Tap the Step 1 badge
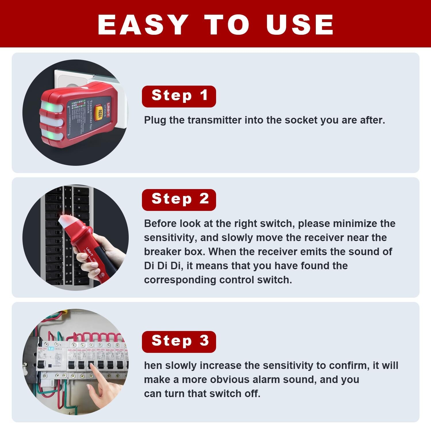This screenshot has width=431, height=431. (x=179, y=96)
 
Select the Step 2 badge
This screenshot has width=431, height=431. (x=179, y=200)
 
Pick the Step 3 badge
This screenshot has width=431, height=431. (x=179, y=342)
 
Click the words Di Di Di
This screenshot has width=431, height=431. (x=162, y=266)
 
